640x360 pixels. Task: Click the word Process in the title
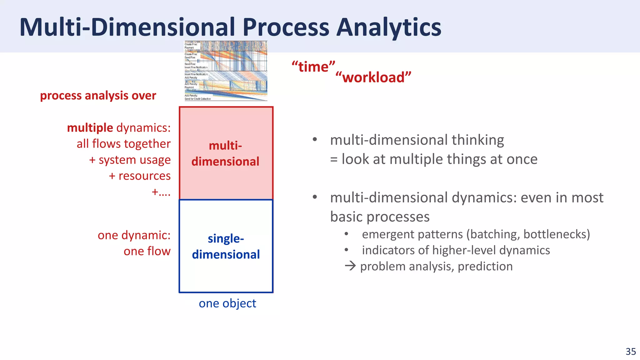pos(286,27)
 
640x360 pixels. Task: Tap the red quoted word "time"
pos(313,67)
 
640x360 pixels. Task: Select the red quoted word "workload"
pos(373,77)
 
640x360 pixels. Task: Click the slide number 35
pos(631,352)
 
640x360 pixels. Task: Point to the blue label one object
pos(227,303)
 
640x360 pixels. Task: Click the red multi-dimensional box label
pos(225,153)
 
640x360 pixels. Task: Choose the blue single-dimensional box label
pos(226,247)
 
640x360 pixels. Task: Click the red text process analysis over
pos(98,96)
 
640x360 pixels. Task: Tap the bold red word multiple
pos(90,128)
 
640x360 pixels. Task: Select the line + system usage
pos(130,160)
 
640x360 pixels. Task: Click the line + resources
pos(139,176)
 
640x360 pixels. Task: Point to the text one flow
pos(147,251)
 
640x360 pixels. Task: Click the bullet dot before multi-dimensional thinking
pos(315,140)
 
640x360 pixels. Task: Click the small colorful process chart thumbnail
pos(226,71)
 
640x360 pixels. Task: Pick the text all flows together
pos(123,144)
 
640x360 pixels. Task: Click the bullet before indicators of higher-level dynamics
pos(346,250)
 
